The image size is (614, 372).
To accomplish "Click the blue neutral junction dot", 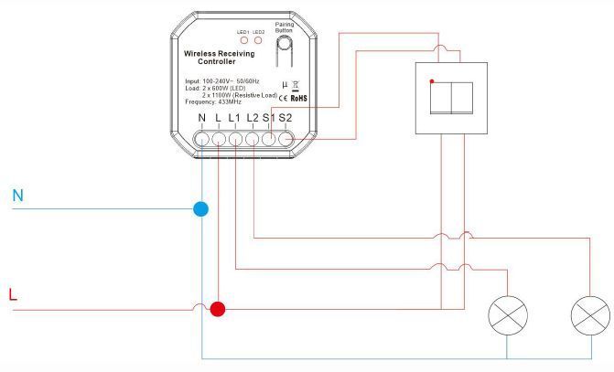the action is pyautogui.click(x=201, y=209).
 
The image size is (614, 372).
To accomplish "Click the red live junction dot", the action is pyautogui.click(x=218, y=309).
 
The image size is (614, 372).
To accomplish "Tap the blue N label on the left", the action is pyautogui.click(x=17, y=196).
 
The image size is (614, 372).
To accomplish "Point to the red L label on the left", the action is pyautogui.click(x=13, y=294).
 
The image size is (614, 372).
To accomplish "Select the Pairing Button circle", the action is pyautogui.click(x=285, y=43).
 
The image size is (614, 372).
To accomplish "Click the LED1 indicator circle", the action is pyautogui.click(x=244, y=40).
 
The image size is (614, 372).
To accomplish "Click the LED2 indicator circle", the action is pyautogui.click(x=258, y=40).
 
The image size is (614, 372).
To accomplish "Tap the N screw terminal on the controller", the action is pyautogui.click(x=202, y=139).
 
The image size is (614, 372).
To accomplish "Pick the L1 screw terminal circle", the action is pyautogui.click(x=235, y=139).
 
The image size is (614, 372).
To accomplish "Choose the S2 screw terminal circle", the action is pyautogui.click(x=285, y=139).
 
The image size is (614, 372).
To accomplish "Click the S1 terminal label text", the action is pyautogui.click(x=269, y=117).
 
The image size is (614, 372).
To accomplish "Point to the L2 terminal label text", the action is pyautogui.click(x=253, y=117).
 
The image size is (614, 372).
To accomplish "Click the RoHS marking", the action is pyautogui.click(x=299, y=98).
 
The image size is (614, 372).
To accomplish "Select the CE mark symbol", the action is pyautogui.click(x=283, y=98).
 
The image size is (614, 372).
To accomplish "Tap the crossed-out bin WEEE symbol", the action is pyautogui.click(x=296, y=86).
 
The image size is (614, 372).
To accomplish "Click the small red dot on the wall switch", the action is pyautogui.click(x=432, y=81).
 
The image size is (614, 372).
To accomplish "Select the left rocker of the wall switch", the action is pyautogui.click(x=440, y=98).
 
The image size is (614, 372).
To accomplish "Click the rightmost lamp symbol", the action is pyautogui.click(x=590, y=315).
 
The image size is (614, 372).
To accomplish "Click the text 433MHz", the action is pyautogui.click(x=229, y=102).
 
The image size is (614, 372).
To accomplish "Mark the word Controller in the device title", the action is pyautogui.click(x=217, y=61).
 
